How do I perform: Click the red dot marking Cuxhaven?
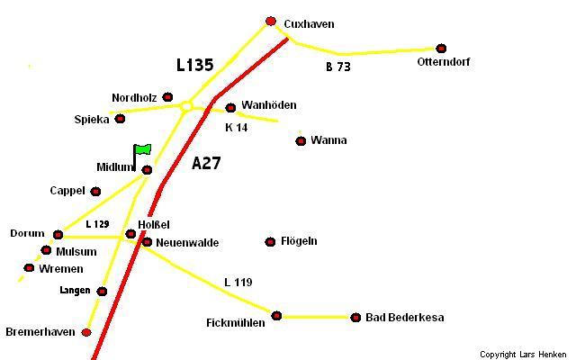pos(271,22)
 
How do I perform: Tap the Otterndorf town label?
pos(444,62)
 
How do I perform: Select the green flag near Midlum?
pos(142,149)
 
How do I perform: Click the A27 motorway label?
pos(206,164)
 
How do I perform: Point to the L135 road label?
pos(194,65)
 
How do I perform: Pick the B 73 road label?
pos(337,67)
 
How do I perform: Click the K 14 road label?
pos(236,128)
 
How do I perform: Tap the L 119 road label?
pos(238,283)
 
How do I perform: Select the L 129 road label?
pos(97,223)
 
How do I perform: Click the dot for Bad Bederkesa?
pos(355,318)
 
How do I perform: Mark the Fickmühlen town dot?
pos(276,316)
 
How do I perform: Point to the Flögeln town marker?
pos(270,242)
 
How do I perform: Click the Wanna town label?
pos(328,140)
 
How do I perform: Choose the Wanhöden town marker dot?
pos(230,108)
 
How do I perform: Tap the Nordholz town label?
pos(134,97)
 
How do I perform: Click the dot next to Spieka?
pos(120,119)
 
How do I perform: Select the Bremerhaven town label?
pos(40,332)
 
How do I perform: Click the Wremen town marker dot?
pos(29,268)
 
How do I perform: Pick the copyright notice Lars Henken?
pos(523,354)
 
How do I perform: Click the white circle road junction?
pos(186,107)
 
